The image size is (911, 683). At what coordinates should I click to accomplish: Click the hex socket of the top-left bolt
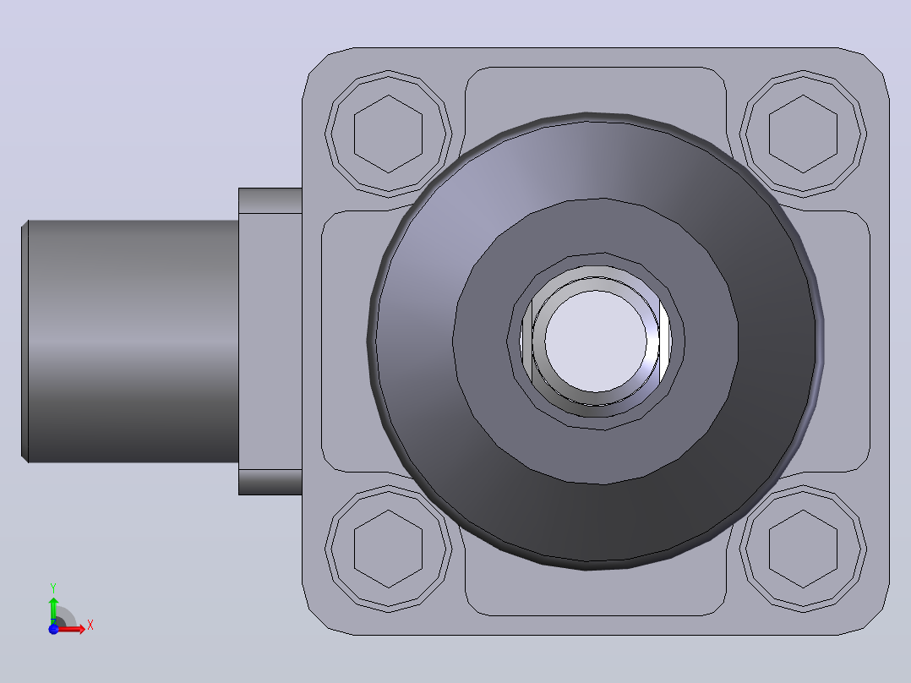[388, 134]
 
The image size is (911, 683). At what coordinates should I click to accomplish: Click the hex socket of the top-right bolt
[803, 134]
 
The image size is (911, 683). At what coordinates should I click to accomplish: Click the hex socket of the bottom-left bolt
[388, 549]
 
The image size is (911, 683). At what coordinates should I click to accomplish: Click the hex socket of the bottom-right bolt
[803, 549]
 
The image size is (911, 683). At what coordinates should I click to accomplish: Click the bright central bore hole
[596, 341]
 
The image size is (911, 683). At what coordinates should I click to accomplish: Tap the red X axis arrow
[71, 628]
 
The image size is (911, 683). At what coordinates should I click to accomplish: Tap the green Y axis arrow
[53, 609]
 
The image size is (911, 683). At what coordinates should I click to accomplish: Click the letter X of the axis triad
[90, 626]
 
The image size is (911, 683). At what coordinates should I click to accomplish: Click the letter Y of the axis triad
[53, 587]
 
